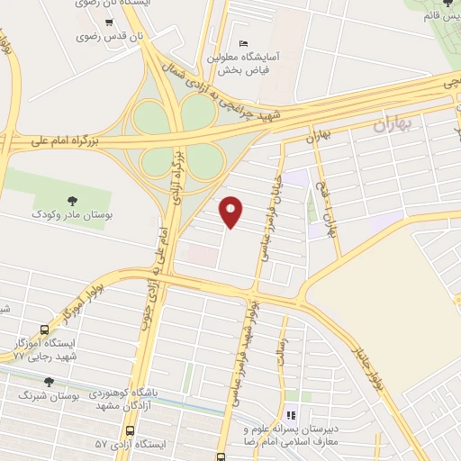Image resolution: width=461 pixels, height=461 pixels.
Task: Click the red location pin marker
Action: coord(232,212)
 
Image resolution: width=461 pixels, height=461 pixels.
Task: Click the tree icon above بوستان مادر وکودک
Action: coord(72,200)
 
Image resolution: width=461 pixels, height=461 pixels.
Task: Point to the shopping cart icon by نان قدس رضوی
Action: coord(109,20)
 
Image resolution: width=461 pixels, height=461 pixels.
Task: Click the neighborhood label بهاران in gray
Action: coord(391,127)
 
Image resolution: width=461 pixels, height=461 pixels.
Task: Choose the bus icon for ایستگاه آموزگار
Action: coord(45,330)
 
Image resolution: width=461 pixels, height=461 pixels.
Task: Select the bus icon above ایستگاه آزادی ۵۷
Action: coord(131,430)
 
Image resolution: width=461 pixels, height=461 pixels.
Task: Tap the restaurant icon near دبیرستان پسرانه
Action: coord(291,415)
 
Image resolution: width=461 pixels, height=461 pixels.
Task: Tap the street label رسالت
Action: coord(283,345)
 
